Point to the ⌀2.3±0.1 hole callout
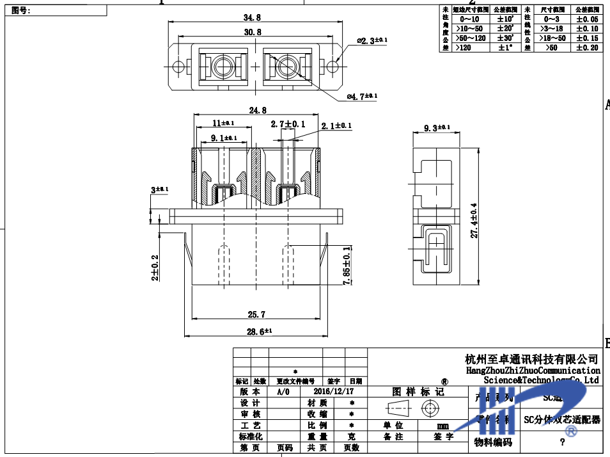pos(370,41)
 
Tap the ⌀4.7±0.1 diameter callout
pos(362,96)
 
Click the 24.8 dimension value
pos(257,111)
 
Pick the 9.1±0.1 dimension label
pos(223,138)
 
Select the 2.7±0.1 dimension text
pos(288,124)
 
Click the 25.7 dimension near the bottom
pos(256,314)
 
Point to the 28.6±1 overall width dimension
pos(259,332)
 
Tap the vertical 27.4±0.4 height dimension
pos(474,221)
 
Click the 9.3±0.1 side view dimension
pos(437,129)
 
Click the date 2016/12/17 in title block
pos(333,391)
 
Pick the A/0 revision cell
pos(283,391)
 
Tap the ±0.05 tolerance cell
pos(586,19)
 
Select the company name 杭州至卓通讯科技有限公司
pos(531,359)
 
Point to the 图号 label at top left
pos(21,10)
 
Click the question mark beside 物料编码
pos(561,442)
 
